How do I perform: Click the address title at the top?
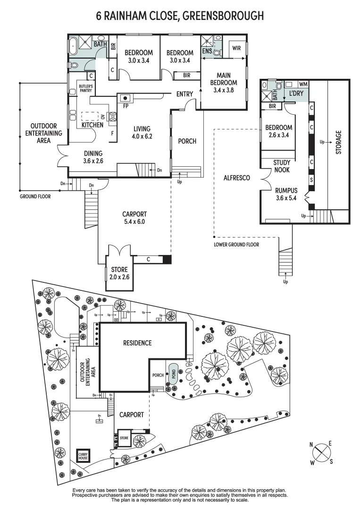(x=180, y=17)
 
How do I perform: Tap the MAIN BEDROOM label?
(x=223, y=82)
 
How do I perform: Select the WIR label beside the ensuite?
(x=236, y=49)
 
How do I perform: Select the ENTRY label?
(x=184, y=94)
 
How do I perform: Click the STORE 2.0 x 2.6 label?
(x=119, y=273)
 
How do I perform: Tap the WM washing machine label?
(x=303, y=84)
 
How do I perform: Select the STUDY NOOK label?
(x=282, y=167)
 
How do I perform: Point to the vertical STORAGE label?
(x=338, y=141)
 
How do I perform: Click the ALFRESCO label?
(x=236, y=178)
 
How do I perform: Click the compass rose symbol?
(x=320, y=453)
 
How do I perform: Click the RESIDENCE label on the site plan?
(x=137, y=343)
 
